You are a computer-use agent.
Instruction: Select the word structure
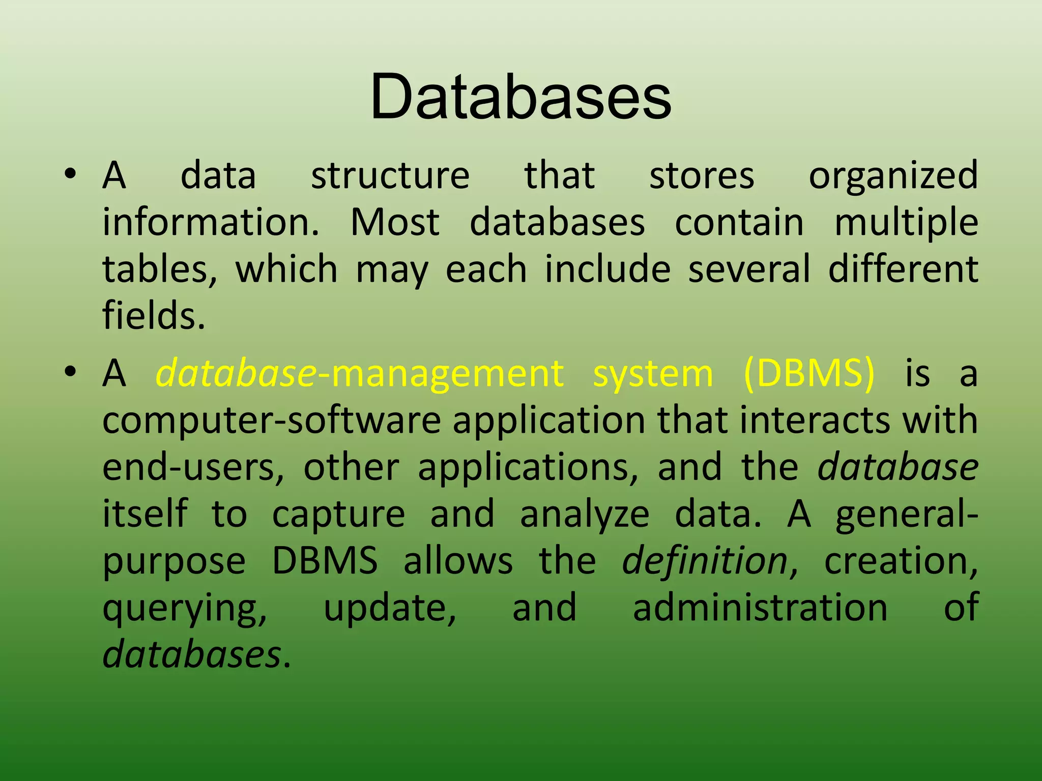[390, 175]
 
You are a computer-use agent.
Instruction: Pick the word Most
[395, 222]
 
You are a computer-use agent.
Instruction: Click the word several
[749, 269]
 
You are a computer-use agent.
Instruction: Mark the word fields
[153, 316]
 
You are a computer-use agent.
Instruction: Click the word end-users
[193, 468]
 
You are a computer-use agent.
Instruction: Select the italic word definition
[705, 561]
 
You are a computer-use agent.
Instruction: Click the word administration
[760, 608]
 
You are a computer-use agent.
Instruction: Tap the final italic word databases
[192, 654]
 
